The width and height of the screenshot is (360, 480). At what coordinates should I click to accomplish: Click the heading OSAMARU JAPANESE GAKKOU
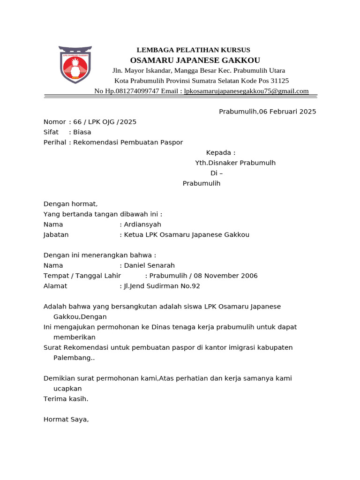[x=195, y=60]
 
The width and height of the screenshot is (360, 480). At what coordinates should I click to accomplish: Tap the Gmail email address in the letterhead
[x=247, y=91]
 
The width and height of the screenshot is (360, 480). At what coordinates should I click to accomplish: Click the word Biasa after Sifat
[x=82, y=132]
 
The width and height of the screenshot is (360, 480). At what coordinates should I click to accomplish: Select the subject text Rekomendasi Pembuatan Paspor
[x=128, y=142]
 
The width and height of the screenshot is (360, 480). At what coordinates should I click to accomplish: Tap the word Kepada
[x=219, y=153]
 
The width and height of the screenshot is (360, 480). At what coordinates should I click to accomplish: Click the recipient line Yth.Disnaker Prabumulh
[x=235, y=163]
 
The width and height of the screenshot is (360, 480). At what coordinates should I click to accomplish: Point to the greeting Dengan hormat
[x=70, y=204]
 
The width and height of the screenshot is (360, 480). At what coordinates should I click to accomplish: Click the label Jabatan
[x=56, y=235]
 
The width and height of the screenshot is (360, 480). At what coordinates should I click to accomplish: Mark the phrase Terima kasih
[x=66, y=399]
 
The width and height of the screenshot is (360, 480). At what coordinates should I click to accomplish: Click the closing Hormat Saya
[x=66, y=420]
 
